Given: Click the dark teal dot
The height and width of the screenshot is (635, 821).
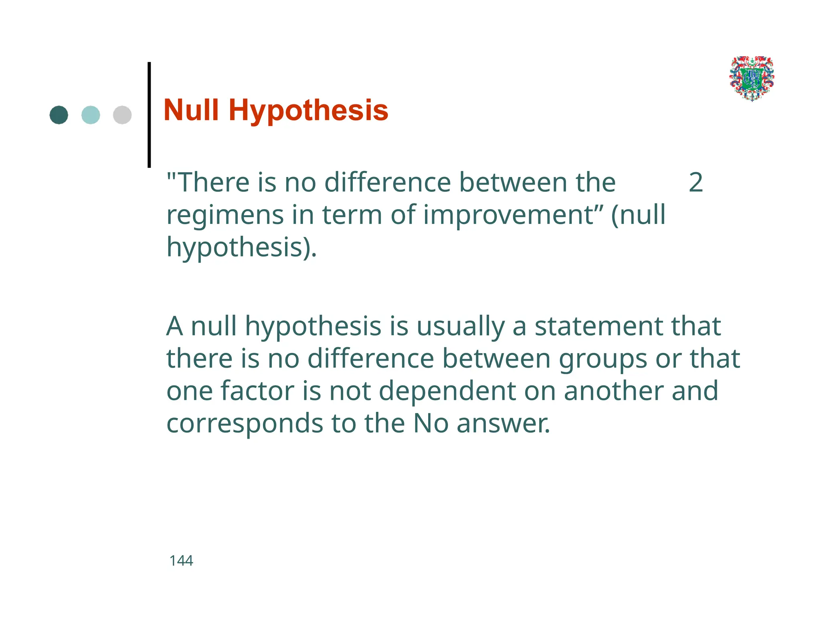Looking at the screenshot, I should (59, 115).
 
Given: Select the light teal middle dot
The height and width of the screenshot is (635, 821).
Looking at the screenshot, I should (91, 115).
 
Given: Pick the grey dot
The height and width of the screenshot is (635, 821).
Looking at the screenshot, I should (122, 115).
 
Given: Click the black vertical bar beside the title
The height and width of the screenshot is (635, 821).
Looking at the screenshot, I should (149, 115).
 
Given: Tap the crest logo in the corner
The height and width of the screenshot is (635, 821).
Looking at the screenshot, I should (752, 78).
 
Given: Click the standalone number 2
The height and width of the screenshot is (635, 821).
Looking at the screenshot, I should (696, 183).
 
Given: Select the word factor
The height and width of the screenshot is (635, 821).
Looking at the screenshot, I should (257, 391).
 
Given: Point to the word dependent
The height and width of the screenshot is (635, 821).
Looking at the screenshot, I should (447, 392).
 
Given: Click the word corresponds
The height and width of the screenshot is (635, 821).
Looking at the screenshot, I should (245, 424).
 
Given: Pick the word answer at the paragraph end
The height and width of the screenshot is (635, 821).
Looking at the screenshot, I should (503, 424).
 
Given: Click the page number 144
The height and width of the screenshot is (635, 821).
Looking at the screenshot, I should (181, 561).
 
